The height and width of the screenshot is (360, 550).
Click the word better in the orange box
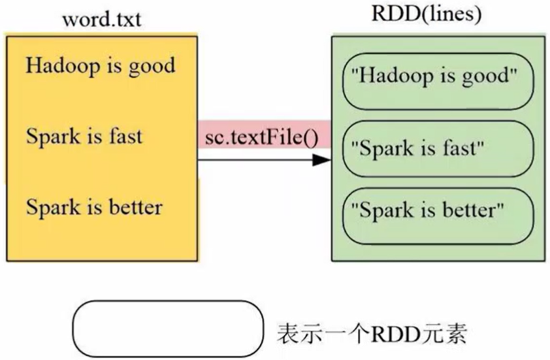coord(137,206)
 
